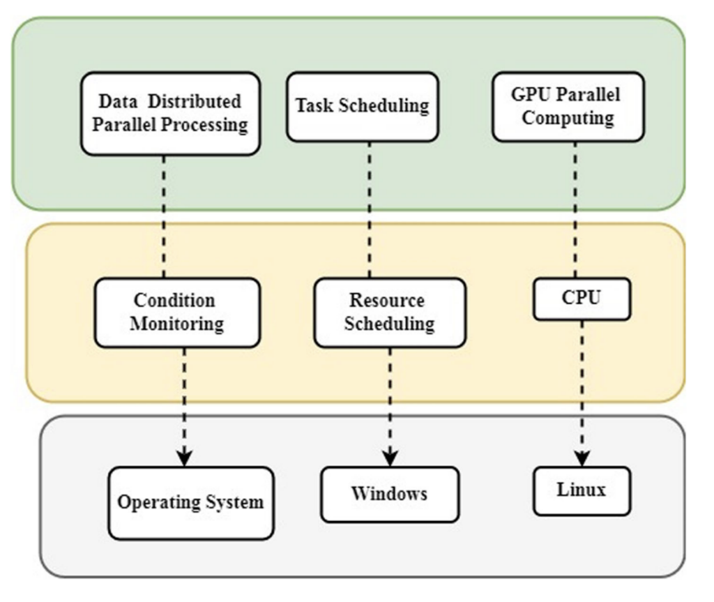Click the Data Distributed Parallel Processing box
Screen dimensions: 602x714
point(170,113)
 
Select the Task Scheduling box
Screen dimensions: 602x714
point(363,106)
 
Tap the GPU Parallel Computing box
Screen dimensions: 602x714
point(568,107)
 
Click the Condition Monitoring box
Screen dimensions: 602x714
point(177,312)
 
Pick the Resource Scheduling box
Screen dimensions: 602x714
point(389,312)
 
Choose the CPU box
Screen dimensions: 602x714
point(582,299)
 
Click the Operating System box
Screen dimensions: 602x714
point(190,502)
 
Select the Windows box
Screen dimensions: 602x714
point(390,494)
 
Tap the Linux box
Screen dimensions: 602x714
point(582,490)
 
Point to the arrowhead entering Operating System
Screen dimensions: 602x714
point(184,458)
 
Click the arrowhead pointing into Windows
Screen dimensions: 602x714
point(390,458)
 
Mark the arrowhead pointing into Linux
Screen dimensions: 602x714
point(582,458)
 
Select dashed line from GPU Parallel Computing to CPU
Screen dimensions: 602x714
point(575,209)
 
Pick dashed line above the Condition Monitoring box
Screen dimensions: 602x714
point(164,216)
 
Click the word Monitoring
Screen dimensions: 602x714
point(177,324)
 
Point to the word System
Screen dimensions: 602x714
point(232,502)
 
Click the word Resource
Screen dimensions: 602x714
point(386,301)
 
